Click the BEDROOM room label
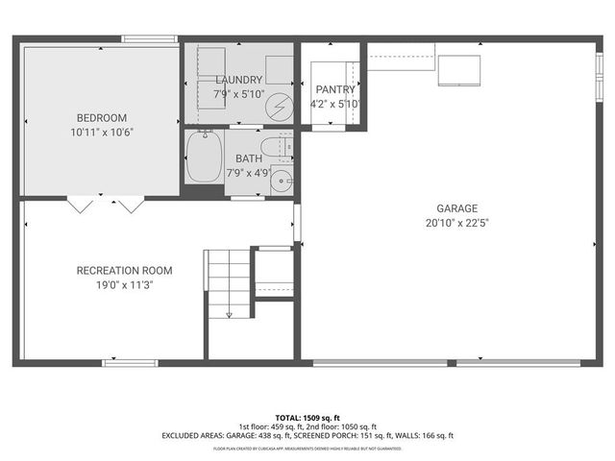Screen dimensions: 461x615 coord(101,118)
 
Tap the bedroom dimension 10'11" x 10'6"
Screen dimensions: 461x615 coord(101,133)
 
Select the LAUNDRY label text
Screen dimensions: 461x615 coord(239,80)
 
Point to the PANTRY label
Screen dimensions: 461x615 coord(334,89)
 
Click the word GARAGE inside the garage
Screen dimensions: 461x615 coord(456,208)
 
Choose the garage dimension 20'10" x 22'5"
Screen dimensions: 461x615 coord(456,223)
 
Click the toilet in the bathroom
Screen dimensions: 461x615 coord(282,147)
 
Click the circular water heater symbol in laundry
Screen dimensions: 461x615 coord(278,103)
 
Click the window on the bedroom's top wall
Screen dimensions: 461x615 coord(149,39)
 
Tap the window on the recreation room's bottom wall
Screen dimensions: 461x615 coord(131,362)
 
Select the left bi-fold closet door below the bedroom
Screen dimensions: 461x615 coord(80,204)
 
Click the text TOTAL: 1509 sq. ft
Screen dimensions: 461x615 coord(307,418)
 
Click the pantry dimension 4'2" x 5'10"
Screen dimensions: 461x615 coord(334,104)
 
